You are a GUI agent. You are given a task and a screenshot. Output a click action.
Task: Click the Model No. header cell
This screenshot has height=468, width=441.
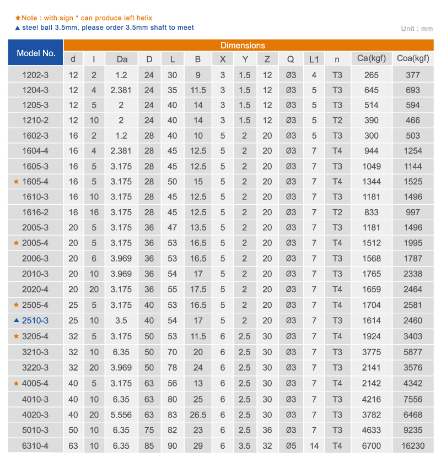[x=36, y=53]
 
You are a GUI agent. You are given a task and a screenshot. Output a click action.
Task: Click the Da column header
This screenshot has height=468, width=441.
[x=122, y=59]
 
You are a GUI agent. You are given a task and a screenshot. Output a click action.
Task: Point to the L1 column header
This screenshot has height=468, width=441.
[x=314, y=59]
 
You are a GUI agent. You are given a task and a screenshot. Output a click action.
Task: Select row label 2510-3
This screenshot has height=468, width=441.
[x=35, y=320]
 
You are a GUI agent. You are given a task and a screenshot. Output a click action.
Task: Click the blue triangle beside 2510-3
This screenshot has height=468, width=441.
[x=17, y=320]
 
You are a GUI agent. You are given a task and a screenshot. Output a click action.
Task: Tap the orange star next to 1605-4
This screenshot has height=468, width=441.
[x=17, y=182]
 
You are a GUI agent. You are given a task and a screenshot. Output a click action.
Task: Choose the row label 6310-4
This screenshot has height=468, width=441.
[x=35, y=445]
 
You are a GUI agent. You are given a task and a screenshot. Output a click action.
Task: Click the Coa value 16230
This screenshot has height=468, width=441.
[x=413, y=445]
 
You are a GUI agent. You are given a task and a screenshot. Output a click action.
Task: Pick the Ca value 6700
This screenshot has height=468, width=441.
[x=372, y=445]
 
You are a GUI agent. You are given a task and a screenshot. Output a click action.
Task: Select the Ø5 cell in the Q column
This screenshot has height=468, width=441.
[x=291, y=445]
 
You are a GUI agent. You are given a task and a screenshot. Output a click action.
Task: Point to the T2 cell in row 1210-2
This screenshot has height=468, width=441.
[x=337, y=120]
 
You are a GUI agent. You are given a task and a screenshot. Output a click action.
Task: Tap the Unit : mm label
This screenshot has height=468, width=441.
[x=417, y=29]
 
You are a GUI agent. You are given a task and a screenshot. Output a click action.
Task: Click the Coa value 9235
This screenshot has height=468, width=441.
[x=413, y=430]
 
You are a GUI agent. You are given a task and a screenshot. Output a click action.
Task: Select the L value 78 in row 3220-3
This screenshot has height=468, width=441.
[x=173, y=367]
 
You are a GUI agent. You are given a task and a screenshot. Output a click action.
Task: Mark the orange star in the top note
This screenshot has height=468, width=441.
[x=18, y=18]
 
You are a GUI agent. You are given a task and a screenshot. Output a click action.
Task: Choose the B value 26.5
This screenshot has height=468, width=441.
[x=198, y=415]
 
